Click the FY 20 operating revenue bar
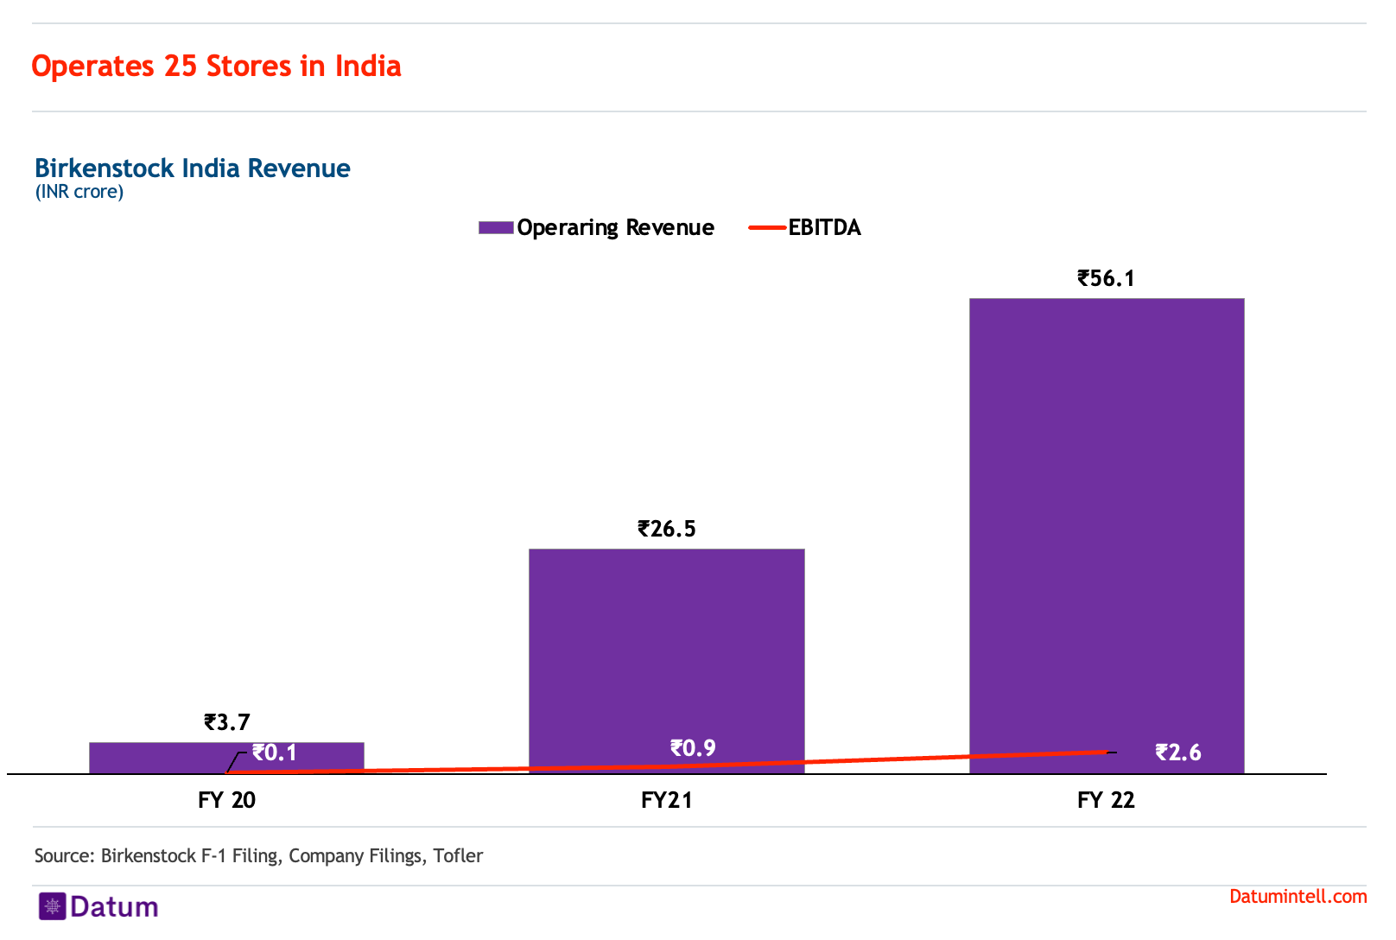226,758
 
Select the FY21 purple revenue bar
667,661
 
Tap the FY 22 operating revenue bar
1107,536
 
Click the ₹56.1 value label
1106,278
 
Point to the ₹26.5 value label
666,529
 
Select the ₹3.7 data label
227,721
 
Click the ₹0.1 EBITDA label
274,753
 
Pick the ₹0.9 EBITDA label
693,747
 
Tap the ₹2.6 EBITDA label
1178,753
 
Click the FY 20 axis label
227,800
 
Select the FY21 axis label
667,800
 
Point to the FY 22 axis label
1107,800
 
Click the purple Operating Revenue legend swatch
496,227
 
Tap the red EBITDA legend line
767,227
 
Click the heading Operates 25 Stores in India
216,66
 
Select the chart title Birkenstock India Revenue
193,168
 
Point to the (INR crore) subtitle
79,191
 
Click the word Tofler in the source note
458,855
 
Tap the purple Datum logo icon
53,906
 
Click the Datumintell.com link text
1298,896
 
